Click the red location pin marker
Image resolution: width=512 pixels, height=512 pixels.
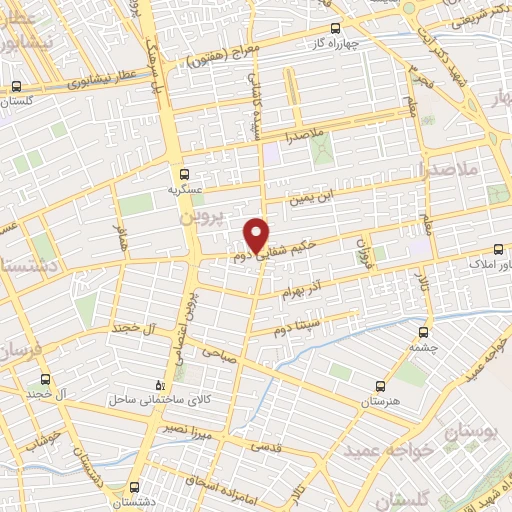point(257,234)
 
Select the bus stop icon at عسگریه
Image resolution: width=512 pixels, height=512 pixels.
point(179,172)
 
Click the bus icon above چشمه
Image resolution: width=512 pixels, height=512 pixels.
point(423,332)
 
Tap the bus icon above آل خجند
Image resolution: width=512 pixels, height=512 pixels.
point(44,379)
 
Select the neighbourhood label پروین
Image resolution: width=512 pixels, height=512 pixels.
point(197,216)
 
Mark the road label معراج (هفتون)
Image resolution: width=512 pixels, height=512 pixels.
point(224,57)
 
